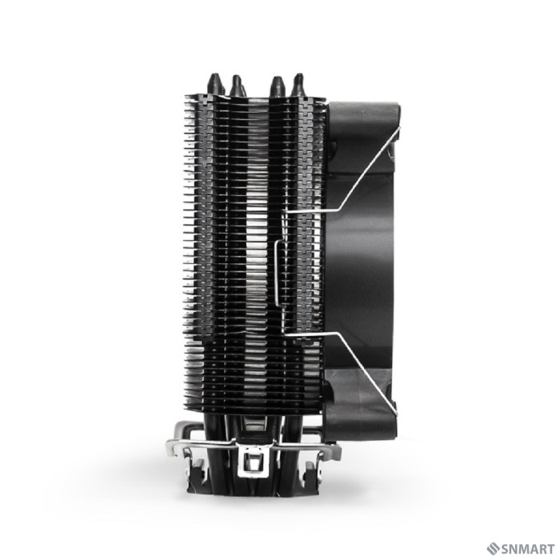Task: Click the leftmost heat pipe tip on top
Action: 214,82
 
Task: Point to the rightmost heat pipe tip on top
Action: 298,82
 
